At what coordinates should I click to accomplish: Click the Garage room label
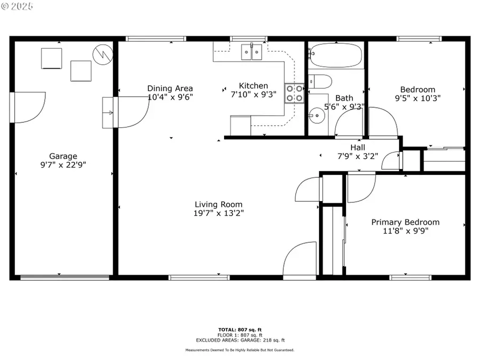(63, 156)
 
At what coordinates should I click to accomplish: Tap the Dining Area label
(170, 89)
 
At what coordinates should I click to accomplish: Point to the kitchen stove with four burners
(294, 93)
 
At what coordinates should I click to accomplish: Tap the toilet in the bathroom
(321, 82)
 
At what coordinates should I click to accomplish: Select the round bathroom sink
(317, 114)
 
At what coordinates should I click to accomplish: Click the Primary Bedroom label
(405, 222)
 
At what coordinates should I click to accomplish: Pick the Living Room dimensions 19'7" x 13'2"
(218, 213)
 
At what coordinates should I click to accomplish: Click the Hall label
(357, 147)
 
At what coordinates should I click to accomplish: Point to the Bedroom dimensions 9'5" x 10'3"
(418, 98)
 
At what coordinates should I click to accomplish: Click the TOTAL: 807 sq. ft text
(239, 329)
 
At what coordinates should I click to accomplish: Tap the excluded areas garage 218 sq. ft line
(239, 340)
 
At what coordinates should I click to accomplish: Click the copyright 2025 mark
(17, 6)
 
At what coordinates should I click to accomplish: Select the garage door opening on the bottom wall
(65, 277)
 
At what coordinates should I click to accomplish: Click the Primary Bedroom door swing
(361, 188)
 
